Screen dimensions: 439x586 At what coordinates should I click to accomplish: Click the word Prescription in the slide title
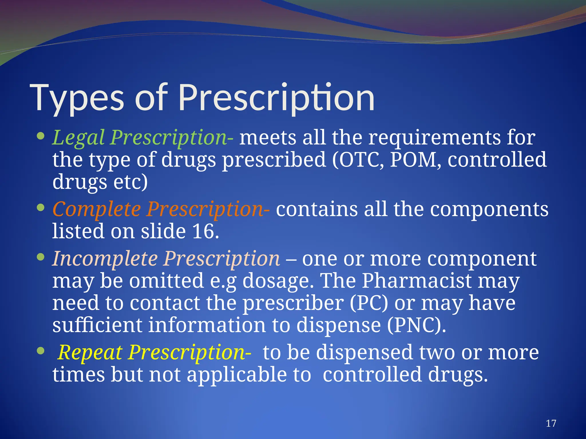click(x=276, y=98)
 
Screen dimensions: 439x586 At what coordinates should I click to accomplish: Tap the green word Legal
click(x=78, y=138)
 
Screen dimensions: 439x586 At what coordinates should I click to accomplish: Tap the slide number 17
click(x=551, y=423)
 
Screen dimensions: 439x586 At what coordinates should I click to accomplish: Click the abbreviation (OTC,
click(x=358, y=160)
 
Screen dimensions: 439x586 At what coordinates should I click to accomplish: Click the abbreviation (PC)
click(x=369, y=303)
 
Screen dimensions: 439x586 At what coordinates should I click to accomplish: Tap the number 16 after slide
click(x=203, y=231)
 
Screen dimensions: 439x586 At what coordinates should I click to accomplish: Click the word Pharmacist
click(x=416, y=281)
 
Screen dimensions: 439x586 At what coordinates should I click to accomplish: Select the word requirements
click(x=435, y=138)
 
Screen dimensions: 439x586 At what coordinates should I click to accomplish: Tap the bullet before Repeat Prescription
click(x=41, y=350)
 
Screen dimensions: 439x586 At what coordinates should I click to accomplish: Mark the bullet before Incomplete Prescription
click(x=41, y=257)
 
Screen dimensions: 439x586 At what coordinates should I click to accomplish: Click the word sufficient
click(x=97, y=326)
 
